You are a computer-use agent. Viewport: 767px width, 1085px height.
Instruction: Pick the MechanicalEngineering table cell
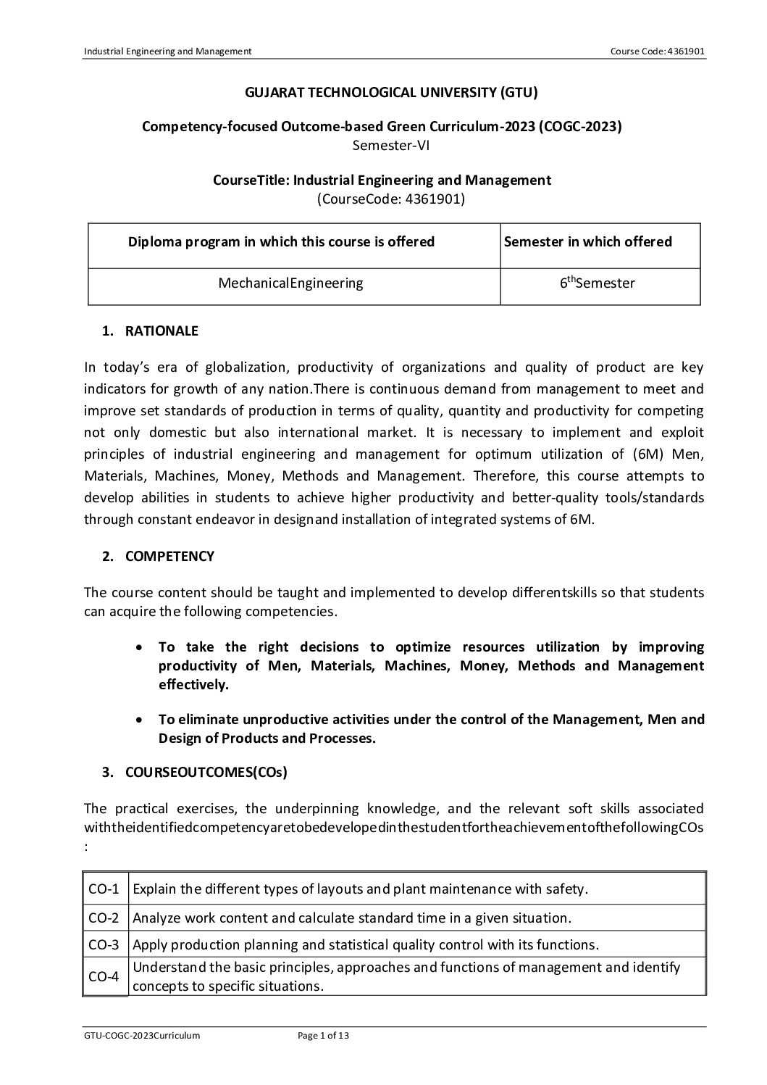(x=290, y=283)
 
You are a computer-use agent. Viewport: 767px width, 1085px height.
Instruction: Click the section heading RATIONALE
(x=162, y=331)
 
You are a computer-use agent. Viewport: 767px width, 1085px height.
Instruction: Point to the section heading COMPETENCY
(x=169, y=557)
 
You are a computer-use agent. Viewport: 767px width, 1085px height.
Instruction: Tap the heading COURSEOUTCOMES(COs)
(x=206, y=773)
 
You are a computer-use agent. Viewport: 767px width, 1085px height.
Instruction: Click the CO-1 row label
(x=104, y=889)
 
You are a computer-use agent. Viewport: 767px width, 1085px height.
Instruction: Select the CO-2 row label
(x=104, y=918)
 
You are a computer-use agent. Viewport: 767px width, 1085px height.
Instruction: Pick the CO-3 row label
(x=104, y=945)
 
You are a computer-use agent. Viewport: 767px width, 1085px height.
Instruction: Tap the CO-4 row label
(x=104, y=977)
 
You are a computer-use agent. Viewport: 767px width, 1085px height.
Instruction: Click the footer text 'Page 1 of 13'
(x=324, y=1036)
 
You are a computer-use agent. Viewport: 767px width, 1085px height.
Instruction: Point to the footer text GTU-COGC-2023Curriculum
(x=142, y=1036)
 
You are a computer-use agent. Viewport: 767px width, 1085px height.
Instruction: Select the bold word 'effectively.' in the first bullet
(x=193, y=685)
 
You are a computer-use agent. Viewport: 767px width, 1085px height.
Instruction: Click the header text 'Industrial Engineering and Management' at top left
(x=167, y=51)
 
